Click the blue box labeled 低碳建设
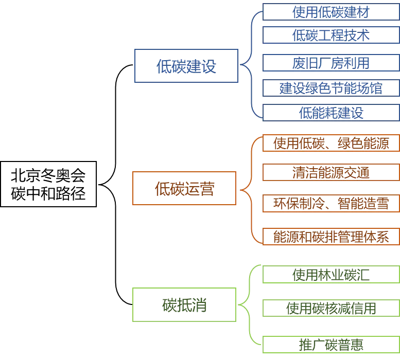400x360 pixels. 186,66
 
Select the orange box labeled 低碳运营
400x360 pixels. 184,189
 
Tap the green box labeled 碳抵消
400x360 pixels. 184,305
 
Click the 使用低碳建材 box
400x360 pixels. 331,12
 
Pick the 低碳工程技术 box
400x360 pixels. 331,35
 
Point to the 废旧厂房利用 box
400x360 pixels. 331,63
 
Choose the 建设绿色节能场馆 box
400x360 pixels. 331,88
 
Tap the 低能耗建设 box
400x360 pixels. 331,113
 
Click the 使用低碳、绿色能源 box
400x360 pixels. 331,143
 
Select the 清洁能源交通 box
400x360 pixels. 331,172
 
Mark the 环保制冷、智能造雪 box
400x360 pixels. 331,203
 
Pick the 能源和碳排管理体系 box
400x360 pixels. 331,236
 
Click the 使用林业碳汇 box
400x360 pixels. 331,275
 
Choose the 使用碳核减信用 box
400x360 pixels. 331,308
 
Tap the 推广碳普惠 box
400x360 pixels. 331,344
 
